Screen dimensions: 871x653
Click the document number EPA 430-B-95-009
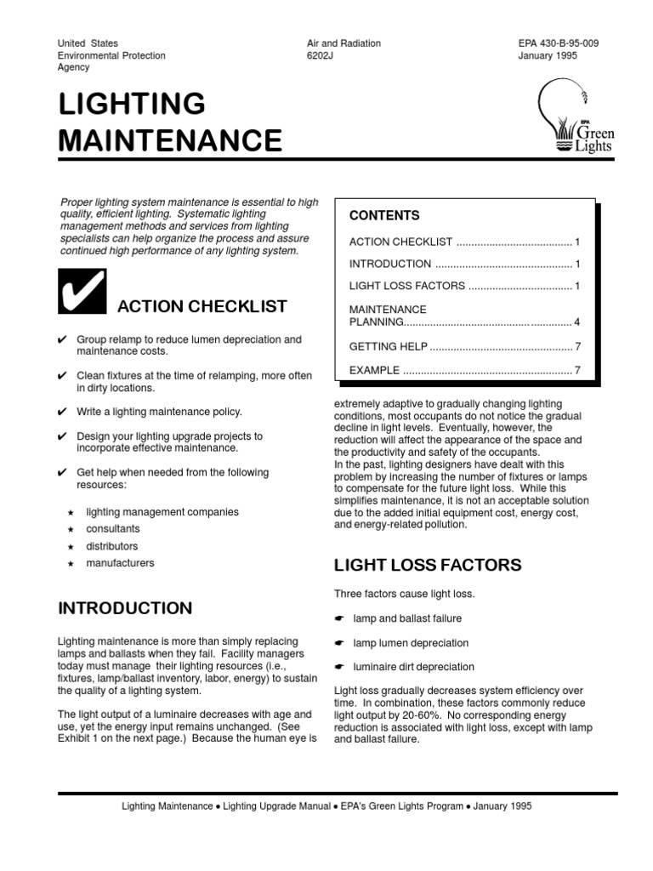[558, 43]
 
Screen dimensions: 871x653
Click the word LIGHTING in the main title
[132, 104]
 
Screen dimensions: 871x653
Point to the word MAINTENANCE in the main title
[170, 139]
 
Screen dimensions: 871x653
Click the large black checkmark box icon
[82, 290]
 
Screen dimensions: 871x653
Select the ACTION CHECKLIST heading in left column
[202, 306]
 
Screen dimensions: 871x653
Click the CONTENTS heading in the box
[384, 216]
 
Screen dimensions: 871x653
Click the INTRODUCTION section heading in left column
[125, 608]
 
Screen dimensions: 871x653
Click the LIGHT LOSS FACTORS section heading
[428, 566]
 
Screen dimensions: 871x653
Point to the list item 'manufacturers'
[120, 563]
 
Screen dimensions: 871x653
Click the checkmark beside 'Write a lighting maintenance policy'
[62, 412]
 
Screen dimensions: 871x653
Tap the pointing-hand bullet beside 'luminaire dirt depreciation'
[339, 668]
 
